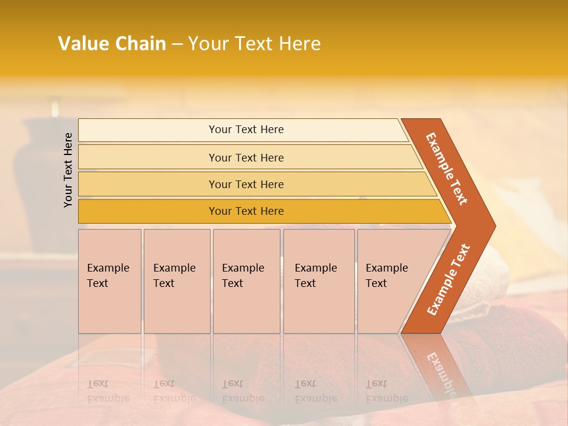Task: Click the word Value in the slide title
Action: pos(82,44)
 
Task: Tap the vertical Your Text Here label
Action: pos(68,170)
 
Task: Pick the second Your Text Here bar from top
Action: pos(246,157)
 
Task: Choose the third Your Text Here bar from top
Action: pos(246,184)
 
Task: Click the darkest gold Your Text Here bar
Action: pos(246,211)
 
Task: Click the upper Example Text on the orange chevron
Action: pos(447,169)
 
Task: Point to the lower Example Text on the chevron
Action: pos(448,279)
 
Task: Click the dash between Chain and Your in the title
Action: pos(177,44)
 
